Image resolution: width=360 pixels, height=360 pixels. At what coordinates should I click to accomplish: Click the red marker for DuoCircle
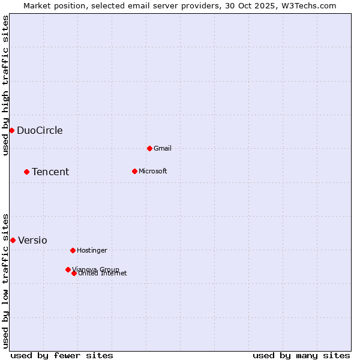tap(11, 130)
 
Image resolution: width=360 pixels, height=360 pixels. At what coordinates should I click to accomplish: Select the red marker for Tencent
tap(26, 172)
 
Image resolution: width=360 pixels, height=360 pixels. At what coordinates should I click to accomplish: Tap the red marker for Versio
tap(13, 240)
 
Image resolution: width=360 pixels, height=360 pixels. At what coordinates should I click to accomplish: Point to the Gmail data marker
tap(149, 148)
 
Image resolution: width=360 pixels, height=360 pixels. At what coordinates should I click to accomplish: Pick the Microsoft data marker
tap(134, 171)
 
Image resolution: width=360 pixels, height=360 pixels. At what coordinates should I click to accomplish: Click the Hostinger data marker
tap(73, 250)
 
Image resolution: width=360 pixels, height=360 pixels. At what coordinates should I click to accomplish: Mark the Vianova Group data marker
tap(68, 269)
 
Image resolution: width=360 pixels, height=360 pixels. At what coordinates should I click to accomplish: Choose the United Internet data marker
tap(74, 273)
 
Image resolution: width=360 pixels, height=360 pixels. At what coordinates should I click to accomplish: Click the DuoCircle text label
tap(40, 131)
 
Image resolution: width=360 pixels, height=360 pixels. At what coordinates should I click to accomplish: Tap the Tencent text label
tap(50, 172)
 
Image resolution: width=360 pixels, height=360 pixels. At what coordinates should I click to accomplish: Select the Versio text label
tap(32, 241)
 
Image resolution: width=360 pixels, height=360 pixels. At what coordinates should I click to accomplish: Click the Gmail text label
tap(163, 148)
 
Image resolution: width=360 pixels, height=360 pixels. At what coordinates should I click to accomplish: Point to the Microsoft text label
tap(153, 171)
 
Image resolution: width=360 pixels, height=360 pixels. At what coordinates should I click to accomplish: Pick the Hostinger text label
tap(92, 250)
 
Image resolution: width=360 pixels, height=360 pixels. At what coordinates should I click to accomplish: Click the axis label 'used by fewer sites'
tap(62, 355)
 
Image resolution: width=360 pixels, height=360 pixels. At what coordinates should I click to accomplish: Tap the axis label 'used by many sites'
tap(301, 355)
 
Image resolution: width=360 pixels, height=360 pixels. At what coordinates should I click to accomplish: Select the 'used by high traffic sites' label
tap(5, 85)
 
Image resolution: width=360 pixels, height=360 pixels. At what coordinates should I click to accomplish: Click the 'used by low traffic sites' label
tap(5, 280)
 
